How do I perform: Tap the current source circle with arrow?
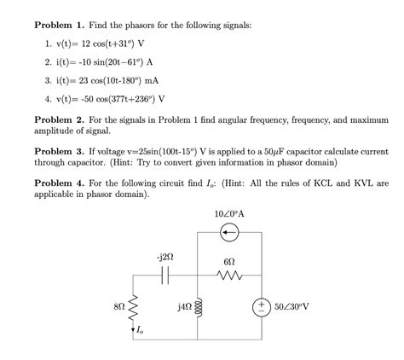(x=228, y=231)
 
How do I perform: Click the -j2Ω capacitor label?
(x=165, y=257)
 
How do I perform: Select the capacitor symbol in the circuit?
(x=166, y=276)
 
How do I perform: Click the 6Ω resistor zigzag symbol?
(x=228, y=276)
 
